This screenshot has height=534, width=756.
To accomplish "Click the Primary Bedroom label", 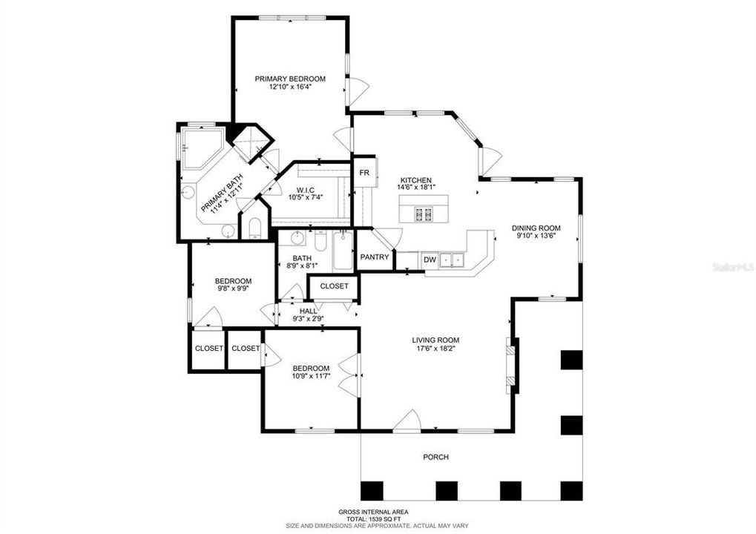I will click(290, 79).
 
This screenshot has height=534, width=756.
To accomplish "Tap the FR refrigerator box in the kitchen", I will click(364, 173).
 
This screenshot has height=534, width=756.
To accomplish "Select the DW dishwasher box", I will click(430, 260).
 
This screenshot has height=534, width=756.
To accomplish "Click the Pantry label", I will click(375, 257).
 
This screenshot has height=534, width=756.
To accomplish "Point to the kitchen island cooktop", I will click(423, 215).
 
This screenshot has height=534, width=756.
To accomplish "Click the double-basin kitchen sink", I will click(452, 260).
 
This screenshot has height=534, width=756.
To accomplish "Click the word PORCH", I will click(435, 457).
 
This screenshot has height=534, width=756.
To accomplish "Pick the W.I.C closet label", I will click(306, 191).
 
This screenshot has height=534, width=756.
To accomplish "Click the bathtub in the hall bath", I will click(344, 252).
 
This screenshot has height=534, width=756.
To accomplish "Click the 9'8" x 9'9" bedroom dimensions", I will click(233, 289).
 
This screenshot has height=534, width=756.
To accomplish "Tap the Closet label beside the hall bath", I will click(334, 286).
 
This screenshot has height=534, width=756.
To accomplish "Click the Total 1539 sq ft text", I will click(374, 519).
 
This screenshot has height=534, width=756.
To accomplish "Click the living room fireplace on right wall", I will click(510, 363).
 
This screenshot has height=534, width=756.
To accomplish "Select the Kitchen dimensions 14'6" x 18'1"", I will click(416, 188).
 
